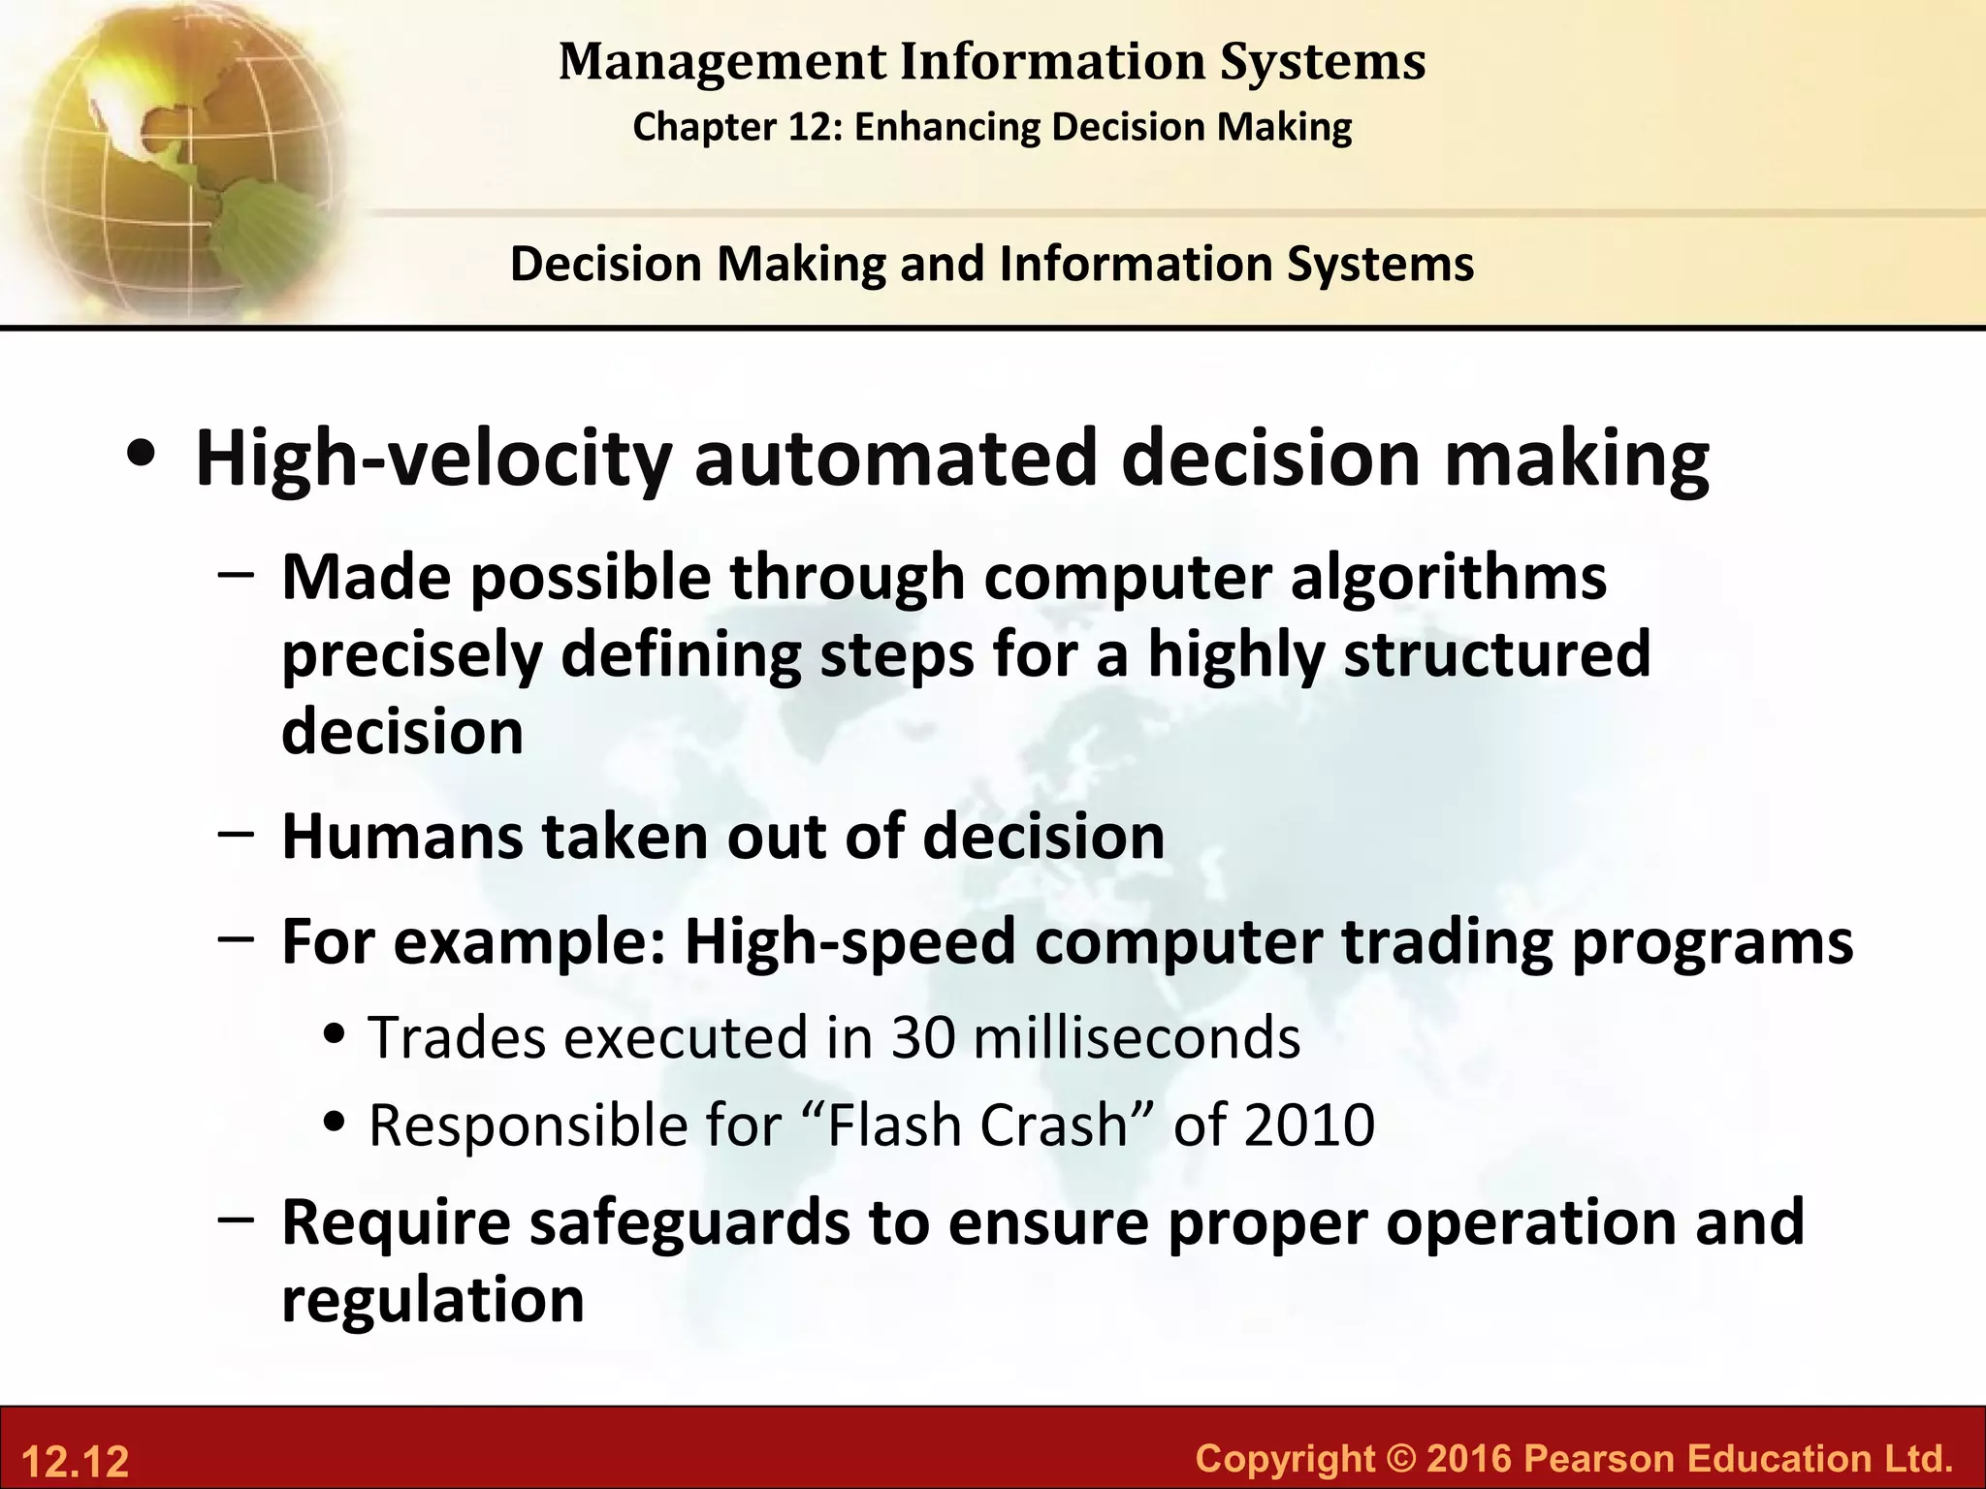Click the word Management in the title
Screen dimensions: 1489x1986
(722, 61)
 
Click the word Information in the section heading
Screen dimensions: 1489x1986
(1135, 264)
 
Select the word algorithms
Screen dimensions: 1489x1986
(1448, 578)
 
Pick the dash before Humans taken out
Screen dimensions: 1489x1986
(237, 833)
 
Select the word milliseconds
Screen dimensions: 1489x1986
(1136, 1037)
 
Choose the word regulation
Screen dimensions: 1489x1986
(432, 1300)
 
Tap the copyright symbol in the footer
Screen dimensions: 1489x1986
(1400, 1458)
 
